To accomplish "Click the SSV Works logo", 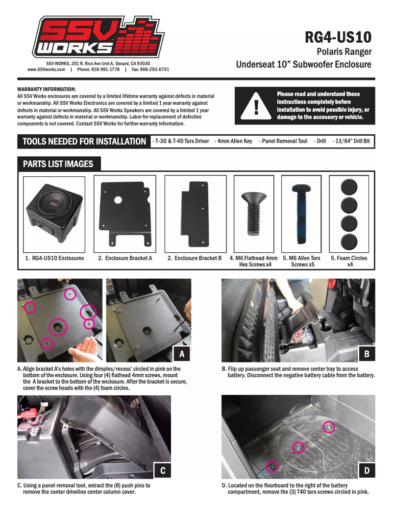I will pos(98,38).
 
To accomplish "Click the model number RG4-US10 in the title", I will pos(338,37).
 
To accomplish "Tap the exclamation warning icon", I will pos(255,106).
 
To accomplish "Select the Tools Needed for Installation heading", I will pos(84,142).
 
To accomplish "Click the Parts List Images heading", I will pos(58,164).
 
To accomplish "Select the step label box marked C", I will pos(162,470).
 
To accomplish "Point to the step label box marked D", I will pos(366,470).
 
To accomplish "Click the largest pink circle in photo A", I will pos(58,327).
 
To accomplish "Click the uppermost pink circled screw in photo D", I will pos(329,427).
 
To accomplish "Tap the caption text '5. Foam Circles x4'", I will pos(349,261).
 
